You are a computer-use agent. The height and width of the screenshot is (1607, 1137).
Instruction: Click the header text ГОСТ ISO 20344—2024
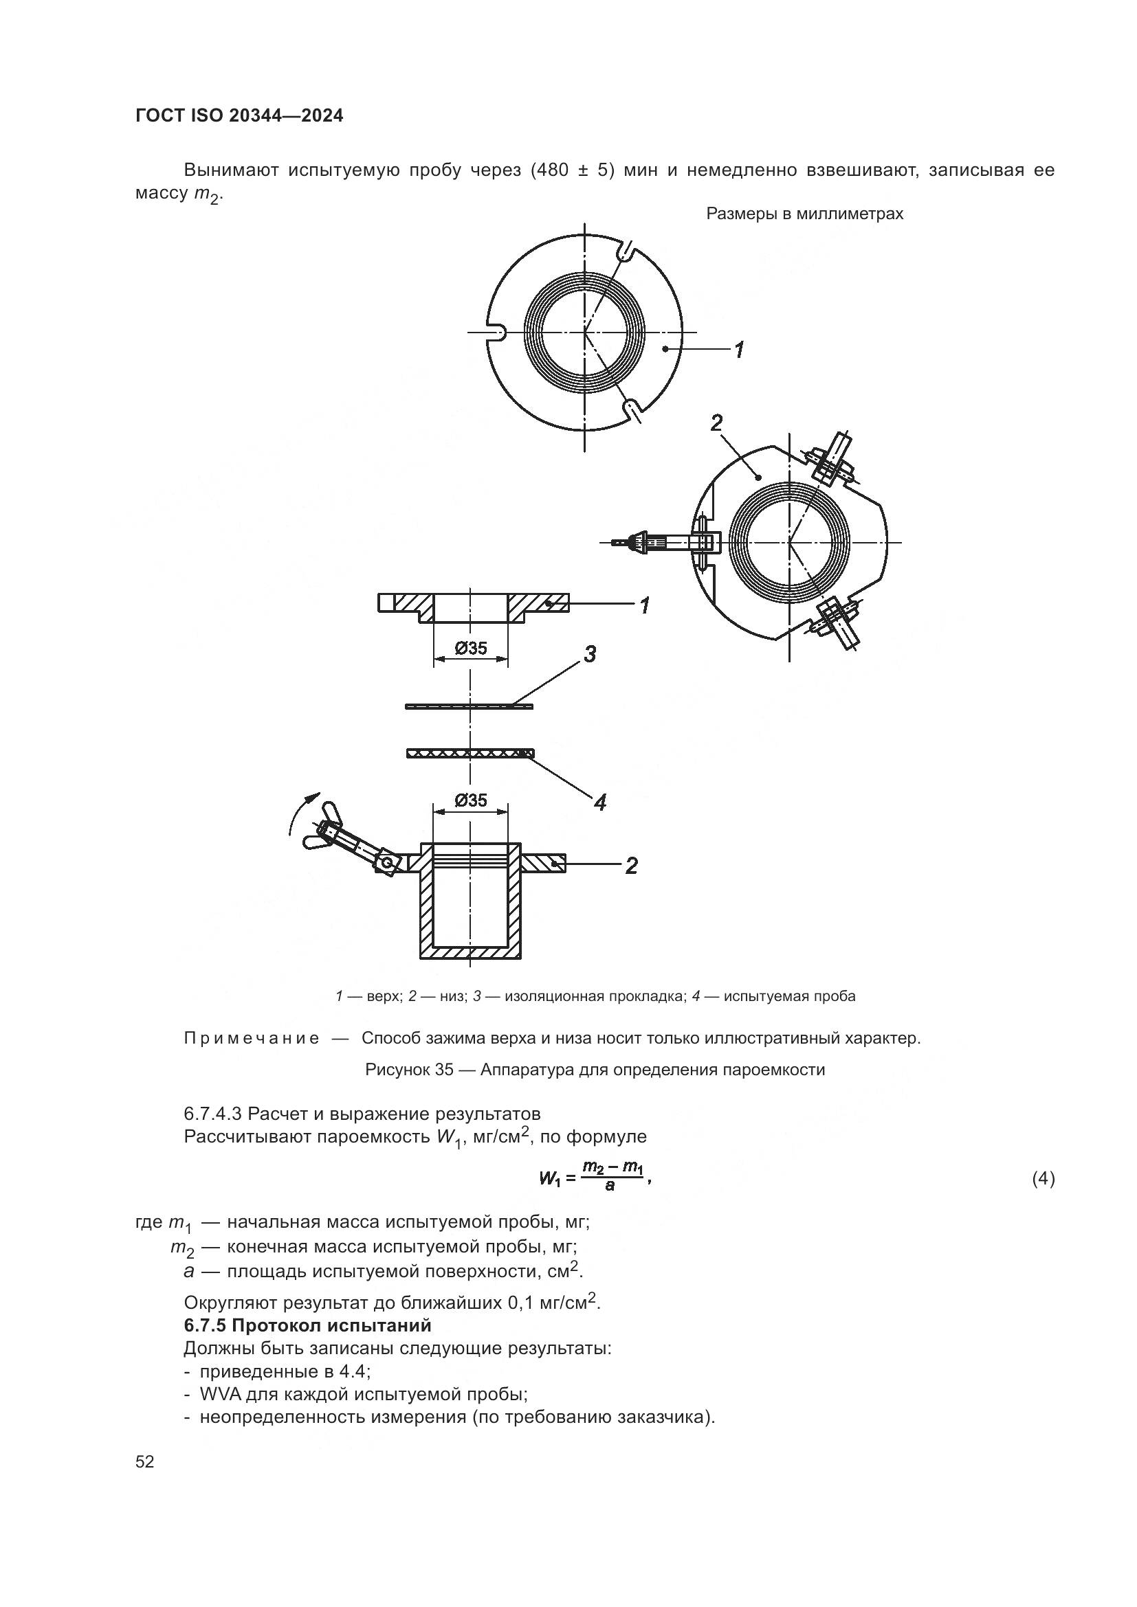[239, 116]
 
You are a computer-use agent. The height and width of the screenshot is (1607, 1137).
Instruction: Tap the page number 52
[145, 1461]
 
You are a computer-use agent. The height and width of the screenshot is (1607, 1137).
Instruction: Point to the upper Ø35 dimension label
[470, 648]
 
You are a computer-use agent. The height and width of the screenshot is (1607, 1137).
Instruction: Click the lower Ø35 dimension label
[470, 800]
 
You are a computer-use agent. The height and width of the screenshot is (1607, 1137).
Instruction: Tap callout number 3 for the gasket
[590, 655]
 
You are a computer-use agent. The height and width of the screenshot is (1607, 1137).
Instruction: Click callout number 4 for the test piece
[599, 802]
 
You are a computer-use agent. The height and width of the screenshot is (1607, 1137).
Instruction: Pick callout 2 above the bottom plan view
[716, 423]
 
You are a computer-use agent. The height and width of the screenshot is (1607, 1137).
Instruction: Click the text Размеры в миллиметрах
[804, 214]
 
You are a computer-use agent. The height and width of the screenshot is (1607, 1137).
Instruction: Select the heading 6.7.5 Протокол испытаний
[307, 1325]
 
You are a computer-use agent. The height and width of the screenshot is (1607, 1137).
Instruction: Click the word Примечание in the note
[252, 1038]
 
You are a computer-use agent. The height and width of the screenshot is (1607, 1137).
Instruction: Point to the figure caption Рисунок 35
[595, 1070]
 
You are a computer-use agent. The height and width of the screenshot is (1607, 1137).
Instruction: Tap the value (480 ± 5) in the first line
[571, 170]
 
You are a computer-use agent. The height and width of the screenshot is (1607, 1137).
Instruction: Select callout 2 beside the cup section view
[631, 866]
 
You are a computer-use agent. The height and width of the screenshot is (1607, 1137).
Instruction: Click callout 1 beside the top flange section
[644, 605]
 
